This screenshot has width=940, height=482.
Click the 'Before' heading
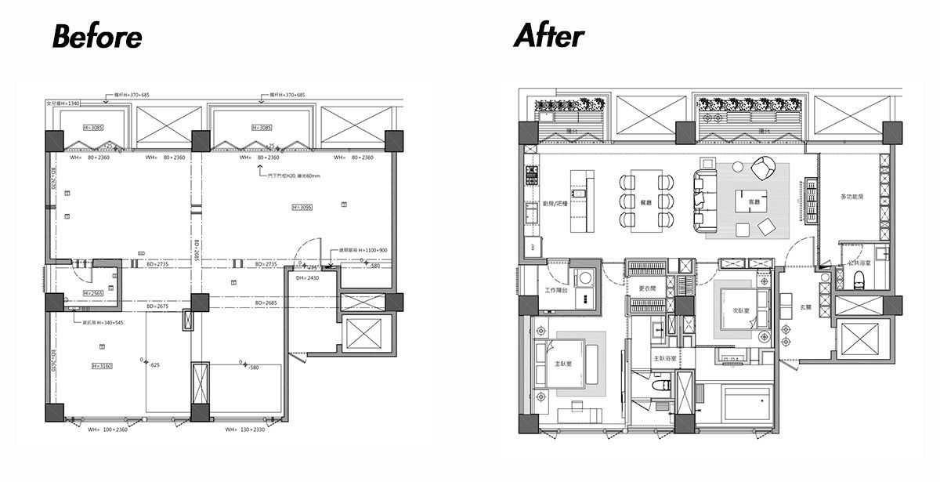[97, 37]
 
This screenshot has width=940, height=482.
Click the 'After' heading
[548, 36]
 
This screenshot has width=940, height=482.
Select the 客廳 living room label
[754, 202]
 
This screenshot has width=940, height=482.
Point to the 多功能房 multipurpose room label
[851, 196]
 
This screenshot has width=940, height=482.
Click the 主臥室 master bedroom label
[562, 364]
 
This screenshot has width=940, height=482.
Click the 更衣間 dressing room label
[646, 288]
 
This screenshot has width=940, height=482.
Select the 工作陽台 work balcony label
[555, 291]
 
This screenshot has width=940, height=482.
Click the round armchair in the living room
[762, 168]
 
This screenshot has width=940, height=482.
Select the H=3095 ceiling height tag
[302, 208]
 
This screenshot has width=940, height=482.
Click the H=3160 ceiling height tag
[103, 366]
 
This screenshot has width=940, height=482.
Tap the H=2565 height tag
[94, 294]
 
